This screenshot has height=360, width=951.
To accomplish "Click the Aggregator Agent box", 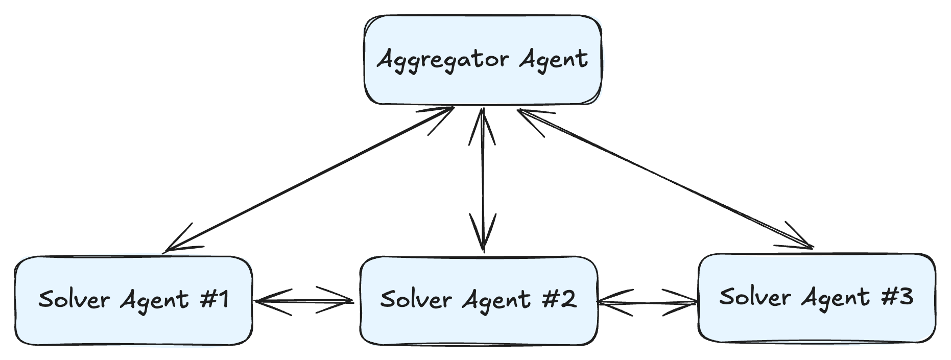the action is click(483, 60).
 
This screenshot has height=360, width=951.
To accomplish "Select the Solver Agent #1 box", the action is click(133, 300).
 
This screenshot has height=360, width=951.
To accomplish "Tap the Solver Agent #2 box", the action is click(479, 300).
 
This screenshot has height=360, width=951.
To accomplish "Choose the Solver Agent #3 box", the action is click(817, 298).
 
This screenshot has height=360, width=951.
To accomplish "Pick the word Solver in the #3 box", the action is click(755, 296).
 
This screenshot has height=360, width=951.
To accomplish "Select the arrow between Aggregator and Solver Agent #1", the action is click(310, 179).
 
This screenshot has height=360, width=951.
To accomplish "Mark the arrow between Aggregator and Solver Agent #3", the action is click(665, 179).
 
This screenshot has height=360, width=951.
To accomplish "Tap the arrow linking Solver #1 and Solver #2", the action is click(304, 301).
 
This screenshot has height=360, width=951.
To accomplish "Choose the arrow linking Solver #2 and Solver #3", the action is click(648, 303).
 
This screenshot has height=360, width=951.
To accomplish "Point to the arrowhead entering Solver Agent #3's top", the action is click(797, 237).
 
